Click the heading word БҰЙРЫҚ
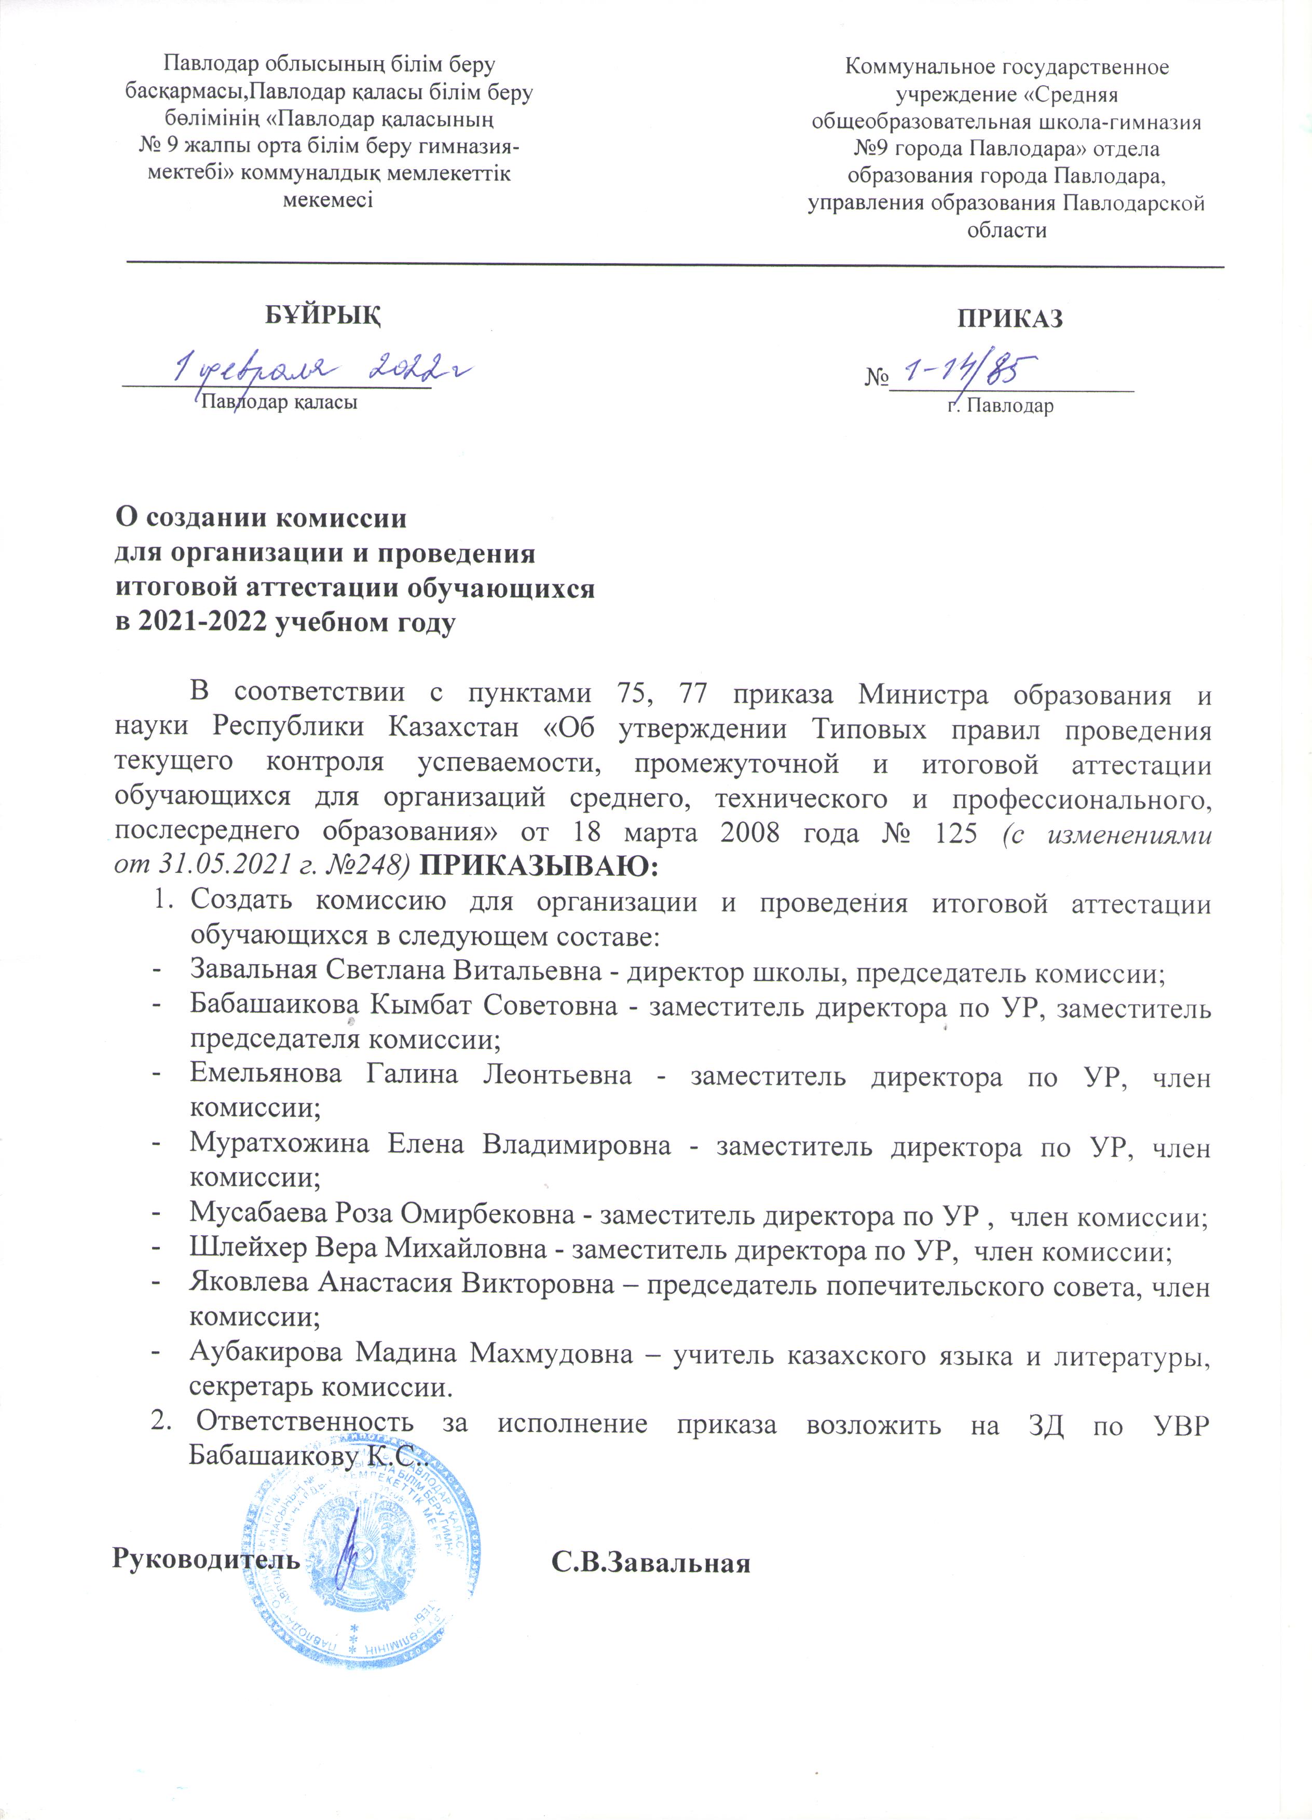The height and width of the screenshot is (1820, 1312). pyautogui.click(x=323, y=316)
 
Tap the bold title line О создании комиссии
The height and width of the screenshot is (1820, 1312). pyautogui.click(x=261, y=517)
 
